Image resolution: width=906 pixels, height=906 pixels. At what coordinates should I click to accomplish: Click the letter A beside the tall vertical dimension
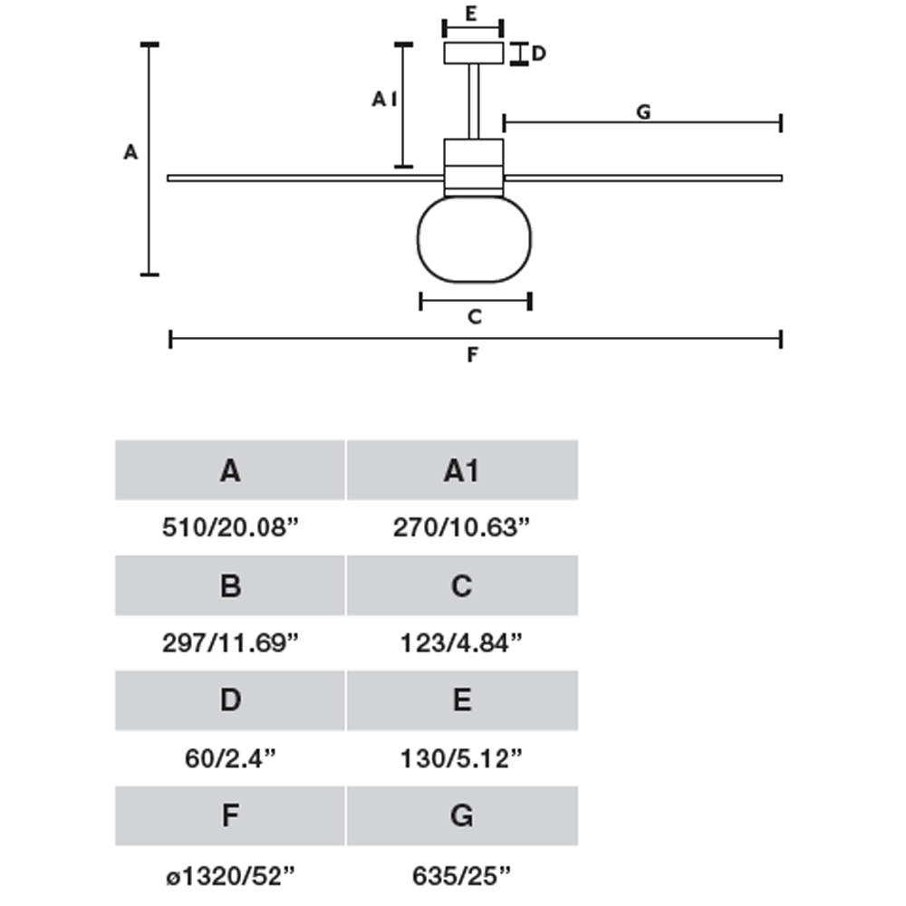click(x=130, y=153)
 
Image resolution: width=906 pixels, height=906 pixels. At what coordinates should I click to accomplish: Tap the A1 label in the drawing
click(x=384, y=100)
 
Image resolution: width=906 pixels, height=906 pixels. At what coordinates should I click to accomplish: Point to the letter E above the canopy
click(x=471, y=13)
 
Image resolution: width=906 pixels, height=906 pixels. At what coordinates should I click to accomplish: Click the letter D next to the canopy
click(x=538, y=53)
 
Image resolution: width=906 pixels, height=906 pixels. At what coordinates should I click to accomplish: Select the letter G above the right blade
click(x=642, y=111)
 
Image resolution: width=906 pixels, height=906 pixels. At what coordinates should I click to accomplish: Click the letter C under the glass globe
click(x=474, y=317)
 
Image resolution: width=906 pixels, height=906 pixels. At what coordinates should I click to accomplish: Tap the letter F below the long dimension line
click(x=472, y=356)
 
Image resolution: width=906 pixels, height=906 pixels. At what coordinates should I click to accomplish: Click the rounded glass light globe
click(x=474, y=238)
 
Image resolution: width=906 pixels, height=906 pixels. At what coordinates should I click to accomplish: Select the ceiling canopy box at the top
click(x=473, y=53)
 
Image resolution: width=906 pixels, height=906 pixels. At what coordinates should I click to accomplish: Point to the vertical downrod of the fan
click(x=473, y=101)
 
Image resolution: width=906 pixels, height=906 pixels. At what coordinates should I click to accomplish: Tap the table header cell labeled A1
click(x=462, y=470)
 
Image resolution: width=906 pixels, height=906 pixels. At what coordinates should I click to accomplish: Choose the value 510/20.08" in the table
click(x=230, y=528)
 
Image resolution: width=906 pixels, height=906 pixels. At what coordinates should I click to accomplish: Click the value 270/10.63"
click(x=461, y=528)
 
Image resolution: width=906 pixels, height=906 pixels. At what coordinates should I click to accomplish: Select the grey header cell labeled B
click(x=230, y=585)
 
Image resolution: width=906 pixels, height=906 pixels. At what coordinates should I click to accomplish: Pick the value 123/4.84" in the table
click(x=461, y=643)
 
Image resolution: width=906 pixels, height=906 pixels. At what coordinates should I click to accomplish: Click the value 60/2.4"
click(x=230, y=759)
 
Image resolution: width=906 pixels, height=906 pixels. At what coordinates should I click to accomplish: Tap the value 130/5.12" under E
click(x=461, y=759)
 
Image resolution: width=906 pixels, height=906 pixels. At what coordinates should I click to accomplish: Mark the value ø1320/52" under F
click(x=230, y=874)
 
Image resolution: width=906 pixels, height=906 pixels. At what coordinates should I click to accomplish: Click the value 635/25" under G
click(x=461, y=874)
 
